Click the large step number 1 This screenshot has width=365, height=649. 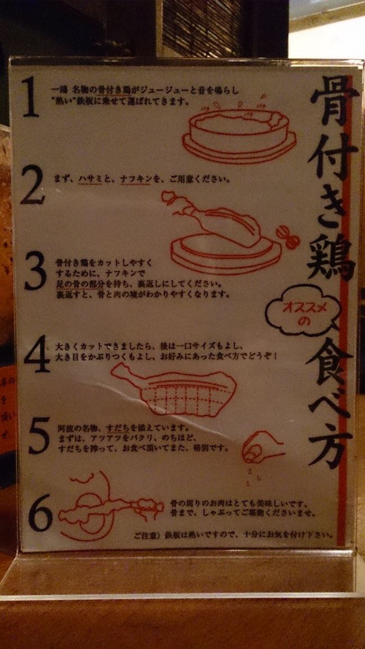[x=31, y=96]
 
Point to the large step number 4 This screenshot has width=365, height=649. [x=36, y=355]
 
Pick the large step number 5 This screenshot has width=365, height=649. [x=39, y=436]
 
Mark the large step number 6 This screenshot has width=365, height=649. [x=40, y=512]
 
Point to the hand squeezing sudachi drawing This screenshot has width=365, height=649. [x=262, y=447]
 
